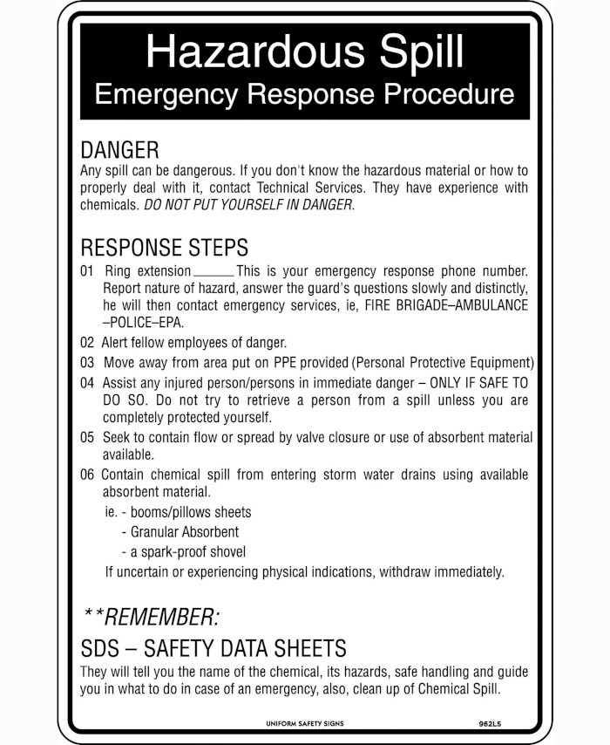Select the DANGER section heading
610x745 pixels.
pos(119,150)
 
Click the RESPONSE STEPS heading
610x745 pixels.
pos(164,248)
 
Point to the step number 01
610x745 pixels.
pos(87,271)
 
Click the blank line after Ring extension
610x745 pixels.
pos(213,272)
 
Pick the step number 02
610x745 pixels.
pos(87,343)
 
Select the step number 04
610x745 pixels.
pos(87,383)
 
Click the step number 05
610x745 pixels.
pos(87,438)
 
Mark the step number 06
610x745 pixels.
pos(87,475)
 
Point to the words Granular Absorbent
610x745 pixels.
pos(185,531)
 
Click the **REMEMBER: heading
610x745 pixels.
pos(152,618)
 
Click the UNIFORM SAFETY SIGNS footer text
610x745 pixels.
pos(305,724)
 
